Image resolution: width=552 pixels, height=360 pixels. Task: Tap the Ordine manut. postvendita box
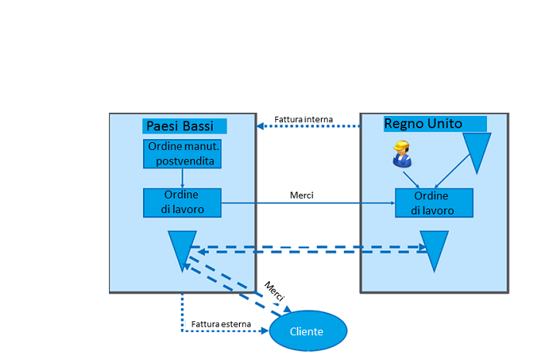(182, 154)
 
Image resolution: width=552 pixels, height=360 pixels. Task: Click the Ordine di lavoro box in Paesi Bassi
(182, 202)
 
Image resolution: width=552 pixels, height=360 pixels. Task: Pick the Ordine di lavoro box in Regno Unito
(433, 202)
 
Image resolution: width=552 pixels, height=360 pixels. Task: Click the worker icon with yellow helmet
(400, 154)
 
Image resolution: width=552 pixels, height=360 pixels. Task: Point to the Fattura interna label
(304, 119)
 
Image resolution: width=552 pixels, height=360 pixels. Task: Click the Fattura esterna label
(220, 324)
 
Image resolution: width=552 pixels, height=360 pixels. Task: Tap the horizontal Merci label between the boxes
(302, 195)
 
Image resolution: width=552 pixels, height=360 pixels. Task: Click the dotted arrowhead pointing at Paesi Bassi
(261, 126)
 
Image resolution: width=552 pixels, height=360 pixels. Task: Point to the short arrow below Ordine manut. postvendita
(182, 178)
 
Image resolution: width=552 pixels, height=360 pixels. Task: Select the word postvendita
(182, 161)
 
